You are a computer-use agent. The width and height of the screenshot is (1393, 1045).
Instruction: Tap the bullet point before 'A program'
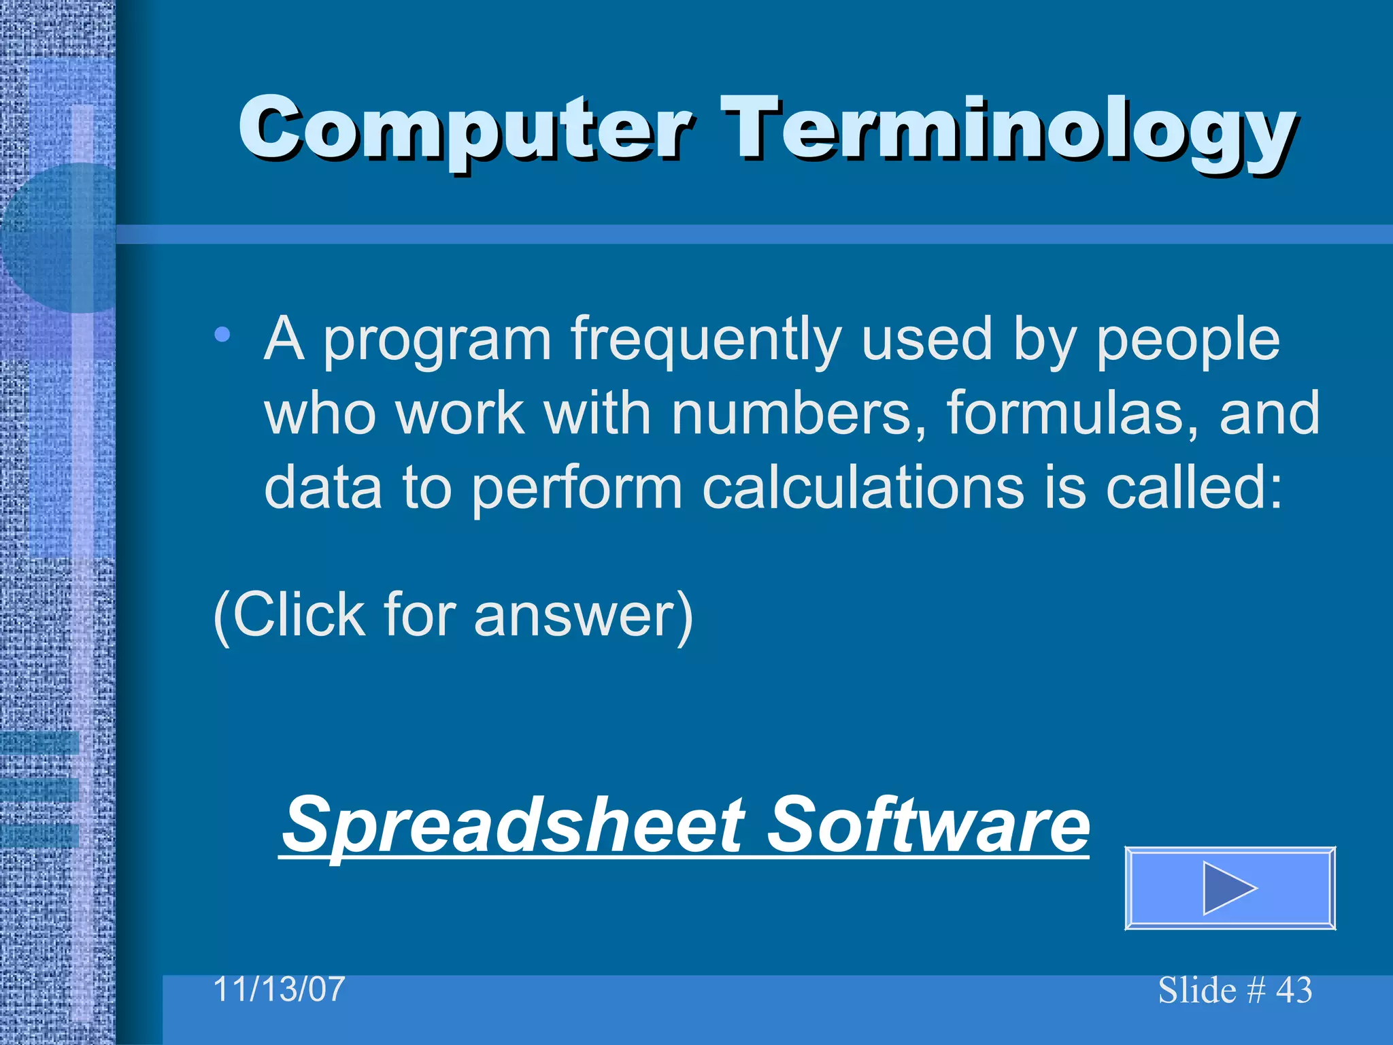pyautogui.click(x=222, y=335)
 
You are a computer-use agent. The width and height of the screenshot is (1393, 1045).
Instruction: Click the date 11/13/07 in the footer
pyautogui.click(x=279, y=989)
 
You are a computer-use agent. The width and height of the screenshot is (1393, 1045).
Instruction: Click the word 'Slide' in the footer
pyautogui.click(x=1196, y=991)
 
